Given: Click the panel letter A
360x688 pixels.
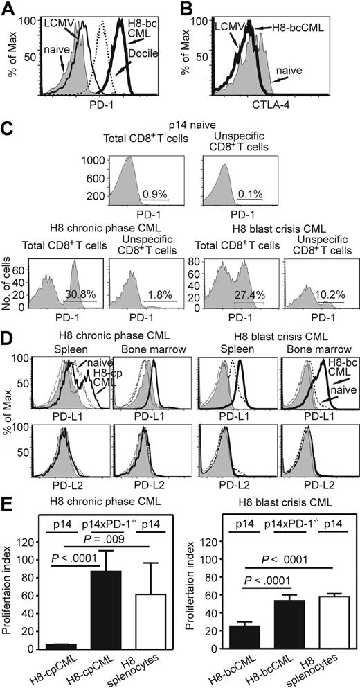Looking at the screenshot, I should (8, 8).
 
